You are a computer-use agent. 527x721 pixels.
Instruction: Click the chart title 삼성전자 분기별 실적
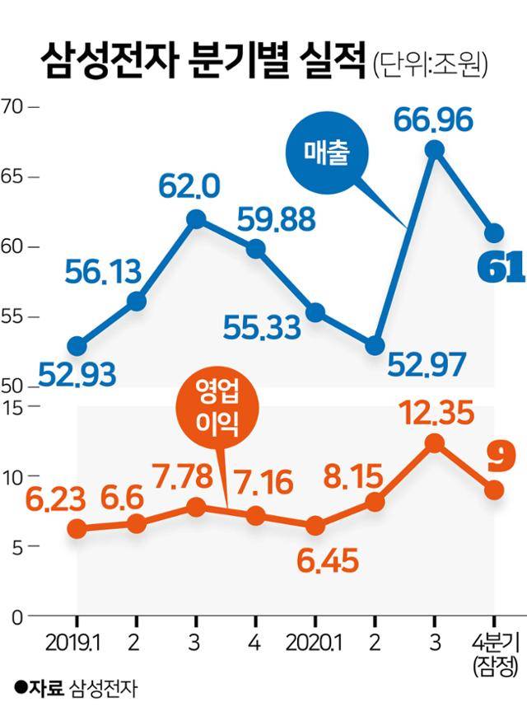pyautogui.click(x=202, y=59)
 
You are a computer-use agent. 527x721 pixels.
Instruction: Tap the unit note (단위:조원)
pyautogui.click(x=429, y=63)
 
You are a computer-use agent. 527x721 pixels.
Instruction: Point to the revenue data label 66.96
pyautogui.click(x=433, y=120)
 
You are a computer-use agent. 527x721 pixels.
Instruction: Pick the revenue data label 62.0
pyautogui.click(x=190, y=188)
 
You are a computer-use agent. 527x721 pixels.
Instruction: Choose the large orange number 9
pyautogui.click(x=495, y=454)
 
